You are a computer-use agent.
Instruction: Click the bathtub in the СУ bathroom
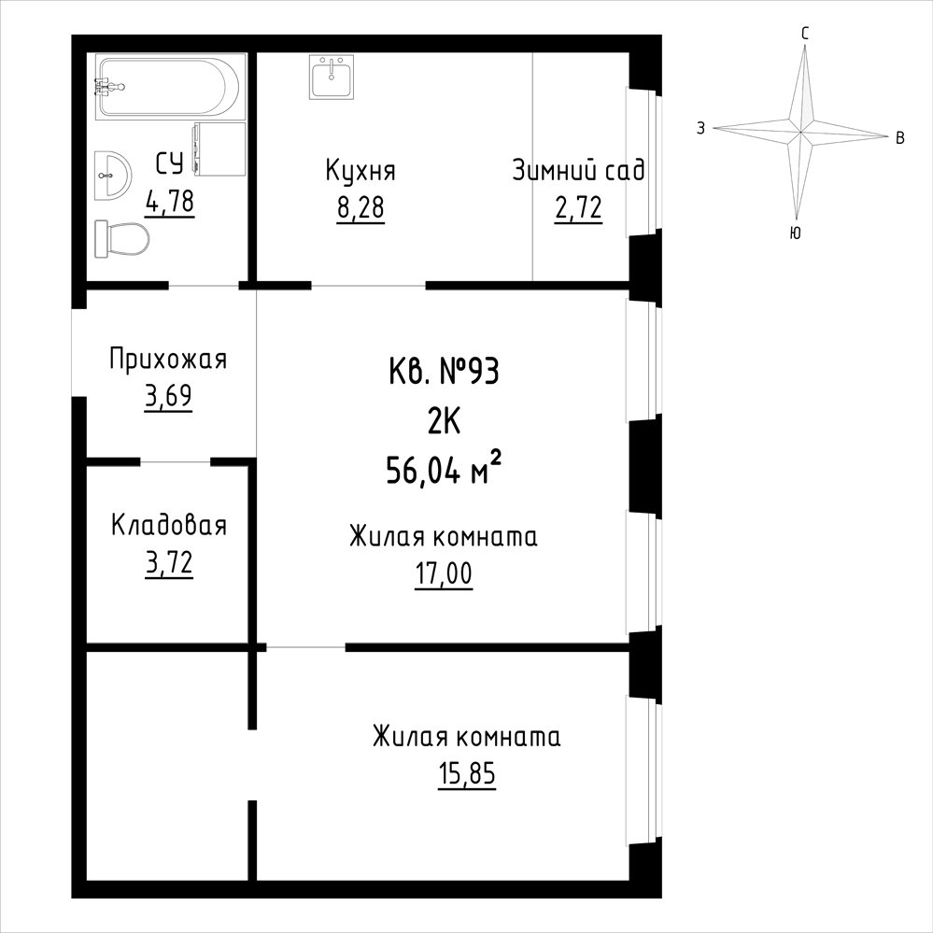pos(170,87)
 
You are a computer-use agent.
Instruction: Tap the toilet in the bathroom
pos(121,239)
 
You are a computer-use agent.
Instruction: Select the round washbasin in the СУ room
pos(111,175)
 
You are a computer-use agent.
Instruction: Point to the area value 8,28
pos(360,208)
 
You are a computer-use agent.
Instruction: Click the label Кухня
pos(360,171)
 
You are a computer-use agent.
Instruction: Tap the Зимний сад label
pos(578,170)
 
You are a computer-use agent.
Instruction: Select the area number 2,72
pos(578,208)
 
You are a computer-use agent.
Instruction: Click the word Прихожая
pos(168,360)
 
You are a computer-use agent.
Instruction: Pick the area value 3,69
pos(168,397)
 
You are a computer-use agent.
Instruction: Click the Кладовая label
pos(169,526)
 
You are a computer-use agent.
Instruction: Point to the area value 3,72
pos(169,563)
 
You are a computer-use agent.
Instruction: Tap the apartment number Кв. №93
pos(444,373)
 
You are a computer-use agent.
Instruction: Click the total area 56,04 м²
pos(444,470)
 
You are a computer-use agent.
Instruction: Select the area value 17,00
pos(444,574)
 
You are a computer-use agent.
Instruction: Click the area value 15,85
pos(467,775)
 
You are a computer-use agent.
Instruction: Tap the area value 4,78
pos(170,201)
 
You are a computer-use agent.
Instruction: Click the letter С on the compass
pos(804,34)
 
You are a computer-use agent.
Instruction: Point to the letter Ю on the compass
pos(795,233)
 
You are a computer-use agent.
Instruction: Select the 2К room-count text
pos(444,422)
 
